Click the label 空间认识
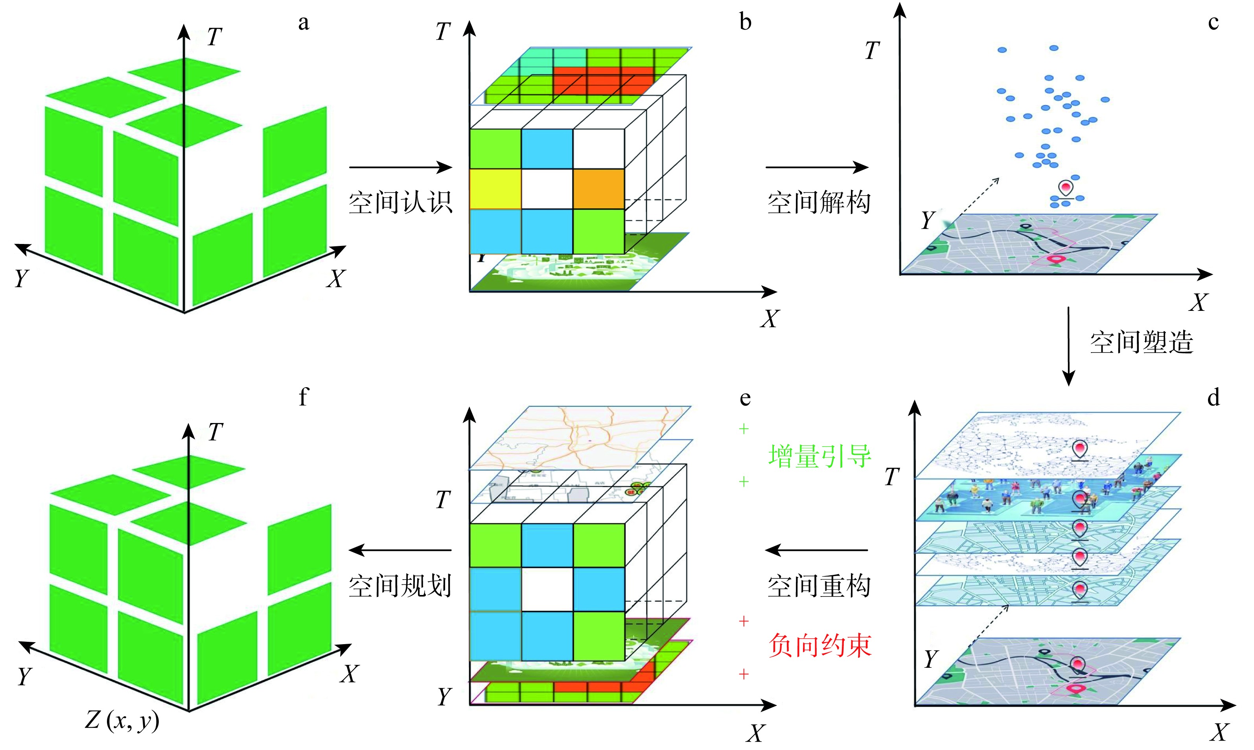(x=400, y=203)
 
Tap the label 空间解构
(x=819, y=203)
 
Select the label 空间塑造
(x=1142, y=342)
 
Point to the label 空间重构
(x=819, y=586)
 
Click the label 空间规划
(x=400, y=586)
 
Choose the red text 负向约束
(x=819, y=646)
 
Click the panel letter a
(x=303, y=23)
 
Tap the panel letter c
(x=1213, y=23)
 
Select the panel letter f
(x=303, y=397)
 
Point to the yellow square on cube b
(x=495, y=189)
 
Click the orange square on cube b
(x=599, y=189)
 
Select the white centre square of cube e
(x=547, y=589)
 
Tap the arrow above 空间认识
(x=400, y=167)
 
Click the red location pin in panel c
(x=1066, y=188)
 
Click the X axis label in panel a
(x=336, y=279)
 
